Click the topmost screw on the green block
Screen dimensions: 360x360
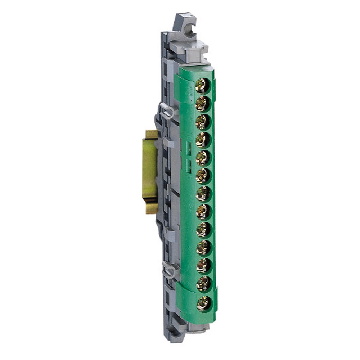coord(202,86)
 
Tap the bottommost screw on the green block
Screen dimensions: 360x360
coord(203,302)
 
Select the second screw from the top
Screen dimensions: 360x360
coord(202,104)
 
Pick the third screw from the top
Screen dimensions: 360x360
coord(203,122)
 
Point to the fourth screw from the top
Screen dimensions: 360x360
coord(203,140)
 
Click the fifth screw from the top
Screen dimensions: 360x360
coord(203,158)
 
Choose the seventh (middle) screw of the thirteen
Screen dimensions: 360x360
coord(203,194)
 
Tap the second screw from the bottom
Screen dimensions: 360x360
coord(203,284)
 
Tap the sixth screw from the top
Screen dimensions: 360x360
coord(203,176)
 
